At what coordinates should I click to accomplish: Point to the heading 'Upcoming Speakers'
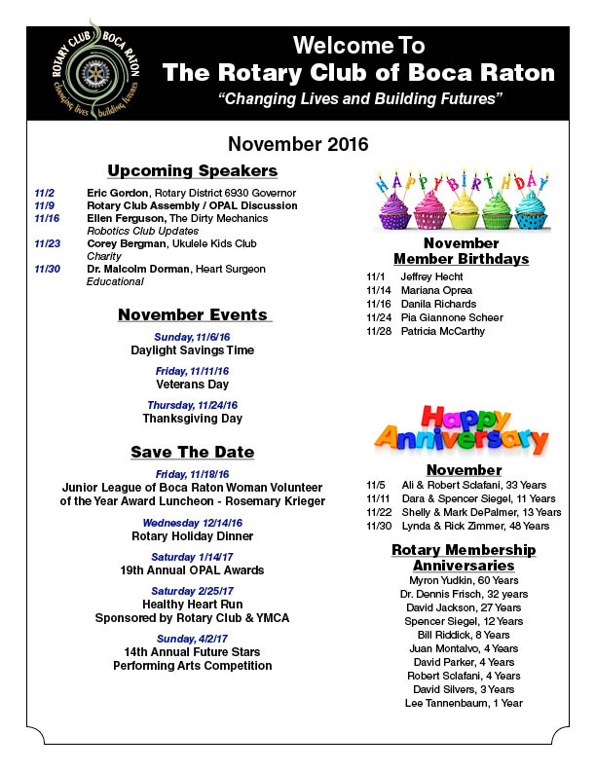192,171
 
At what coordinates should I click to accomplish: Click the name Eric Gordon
116,194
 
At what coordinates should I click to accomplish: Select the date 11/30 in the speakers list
46,269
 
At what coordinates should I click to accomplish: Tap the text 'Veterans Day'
192,384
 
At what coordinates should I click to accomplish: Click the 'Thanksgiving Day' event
192,418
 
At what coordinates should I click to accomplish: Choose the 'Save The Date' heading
192,452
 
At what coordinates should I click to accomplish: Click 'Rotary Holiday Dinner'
192,536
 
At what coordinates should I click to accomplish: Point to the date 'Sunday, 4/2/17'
192,639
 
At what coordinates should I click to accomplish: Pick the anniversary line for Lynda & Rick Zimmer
458,525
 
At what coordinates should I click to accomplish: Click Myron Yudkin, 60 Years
465,580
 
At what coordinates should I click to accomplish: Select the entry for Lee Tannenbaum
465,703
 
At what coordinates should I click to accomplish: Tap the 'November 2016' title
298,144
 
